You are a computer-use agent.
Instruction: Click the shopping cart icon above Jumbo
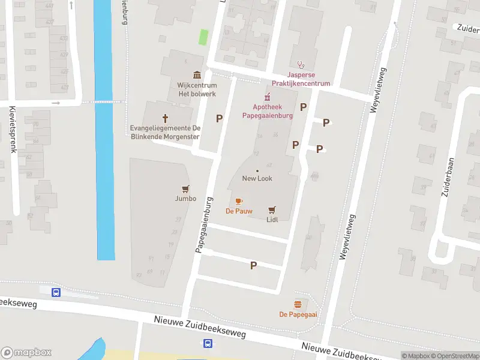(x=185, y=188)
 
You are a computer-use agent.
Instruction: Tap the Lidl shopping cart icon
(x=272, y=209)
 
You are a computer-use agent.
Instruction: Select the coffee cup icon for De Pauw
(x=239, y=201)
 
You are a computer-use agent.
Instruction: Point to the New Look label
(x=257, y=178)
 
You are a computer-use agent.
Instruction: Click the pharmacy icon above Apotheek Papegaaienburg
(x=268, y=97)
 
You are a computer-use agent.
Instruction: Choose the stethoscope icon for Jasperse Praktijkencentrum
(x=301, y=65)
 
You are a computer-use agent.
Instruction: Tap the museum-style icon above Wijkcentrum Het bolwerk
(x=197, y=74)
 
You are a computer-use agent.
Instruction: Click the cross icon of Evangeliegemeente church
(x=166, y=118)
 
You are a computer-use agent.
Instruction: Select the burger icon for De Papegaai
(x=298, y=304)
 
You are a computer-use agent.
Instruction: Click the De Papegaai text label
(x=298, y=314)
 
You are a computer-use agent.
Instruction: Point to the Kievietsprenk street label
(x=12, y=129)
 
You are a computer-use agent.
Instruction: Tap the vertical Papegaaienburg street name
(x=204, y=224)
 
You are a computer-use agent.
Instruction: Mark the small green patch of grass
(x=203, y=37)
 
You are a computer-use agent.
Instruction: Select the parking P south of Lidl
(x=253, y=265)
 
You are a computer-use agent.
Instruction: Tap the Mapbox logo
(x=26, y=353)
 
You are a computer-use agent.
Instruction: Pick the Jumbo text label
(x=185, y=199)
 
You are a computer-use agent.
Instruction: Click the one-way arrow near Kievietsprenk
(x=56, y=103)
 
